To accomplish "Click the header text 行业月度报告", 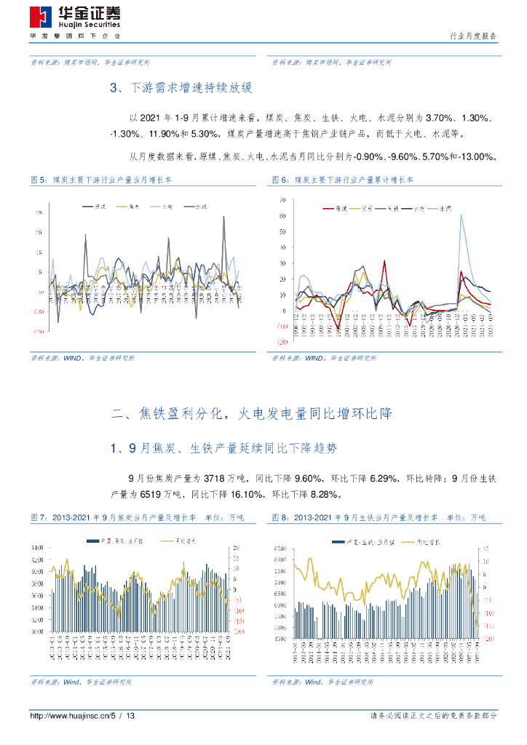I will [x=474, y=36].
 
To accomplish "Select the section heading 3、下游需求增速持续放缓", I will [x=180, y=88].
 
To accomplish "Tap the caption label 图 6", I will [x=280, y=179].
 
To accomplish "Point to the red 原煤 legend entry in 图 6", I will [x=336, y=209].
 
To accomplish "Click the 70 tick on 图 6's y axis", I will [x=282, y=199].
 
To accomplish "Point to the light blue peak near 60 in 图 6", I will [x=460, y=215].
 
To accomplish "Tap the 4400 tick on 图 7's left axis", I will [x=37, y=547].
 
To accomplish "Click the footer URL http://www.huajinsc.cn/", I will [x=68, y=717].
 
